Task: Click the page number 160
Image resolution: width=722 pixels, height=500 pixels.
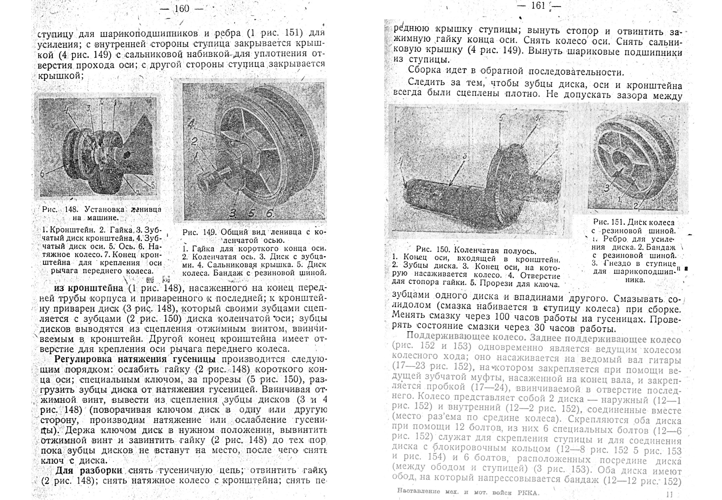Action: pyautogui.click(x=182, y=8)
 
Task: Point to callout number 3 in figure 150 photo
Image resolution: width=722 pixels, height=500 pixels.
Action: pyautogui.click(x=464, y=156)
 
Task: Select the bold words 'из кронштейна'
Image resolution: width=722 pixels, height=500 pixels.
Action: pyautogui.click(x=90, y=288)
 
